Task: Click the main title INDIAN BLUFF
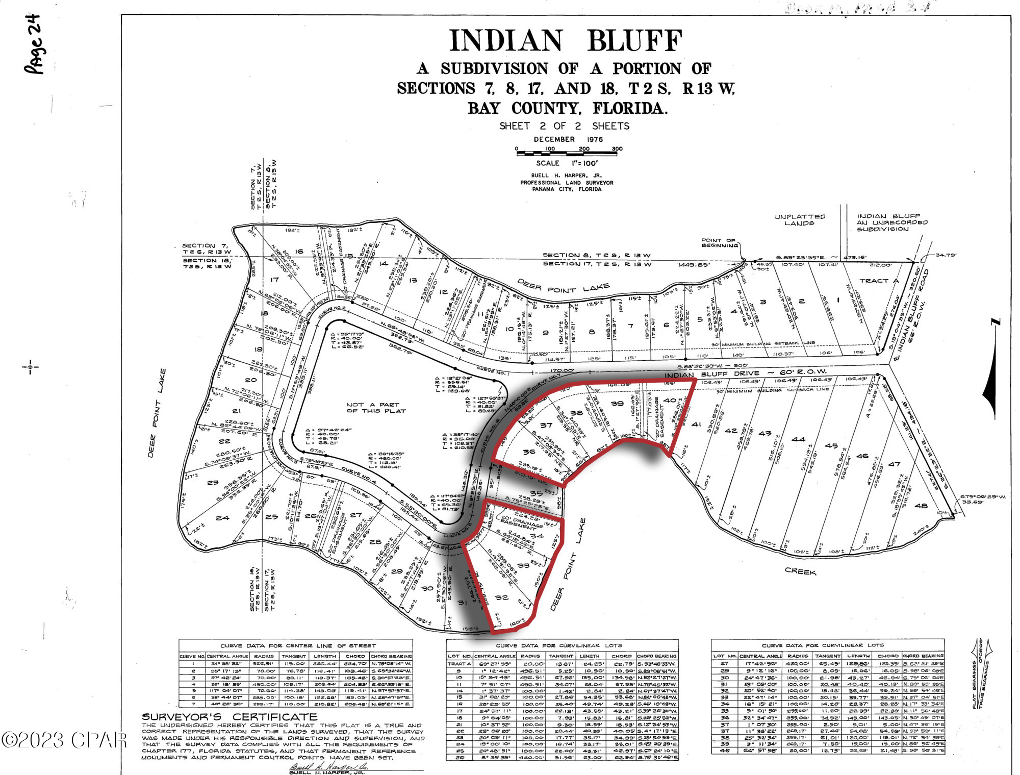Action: point(566,41)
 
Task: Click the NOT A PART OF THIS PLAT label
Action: point(376,407)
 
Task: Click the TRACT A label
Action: point(879,281)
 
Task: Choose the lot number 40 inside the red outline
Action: point(670,401)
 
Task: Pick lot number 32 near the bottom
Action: point(501,597)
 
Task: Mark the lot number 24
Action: point(222,517)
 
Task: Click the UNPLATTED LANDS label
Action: point(799,220)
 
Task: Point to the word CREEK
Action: point(800,571)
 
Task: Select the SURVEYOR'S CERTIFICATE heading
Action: point(229,717)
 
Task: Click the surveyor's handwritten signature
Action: point(328,766)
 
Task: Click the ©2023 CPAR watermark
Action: point(64,740)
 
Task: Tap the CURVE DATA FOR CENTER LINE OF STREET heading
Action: point(298,645)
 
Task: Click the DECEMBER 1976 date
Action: point(568,139)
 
